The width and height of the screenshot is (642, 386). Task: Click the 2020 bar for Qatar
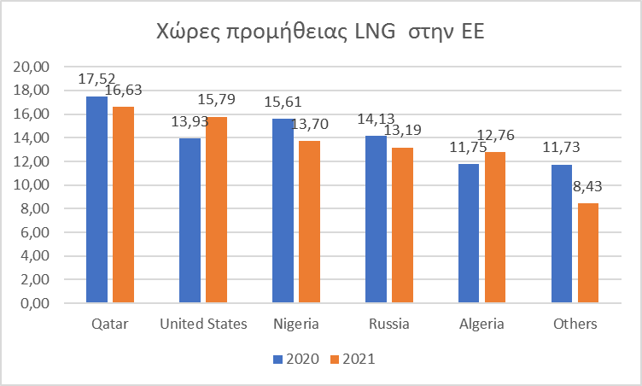pos(96,200)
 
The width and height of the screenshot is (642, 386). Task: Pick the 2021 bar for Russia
pos(403,225)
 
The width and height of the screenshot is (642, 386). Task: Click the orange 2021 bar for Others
pos(589,253)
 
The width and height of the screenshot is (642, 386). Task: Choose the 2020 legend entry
pos(295,360)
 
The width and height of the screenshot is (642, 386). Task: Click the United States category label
pos(204,325)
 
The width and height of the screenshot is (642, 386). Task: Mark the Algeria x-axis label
pos(481,325)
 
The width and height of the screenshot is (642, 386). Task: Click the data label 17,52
pos(96,79)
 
